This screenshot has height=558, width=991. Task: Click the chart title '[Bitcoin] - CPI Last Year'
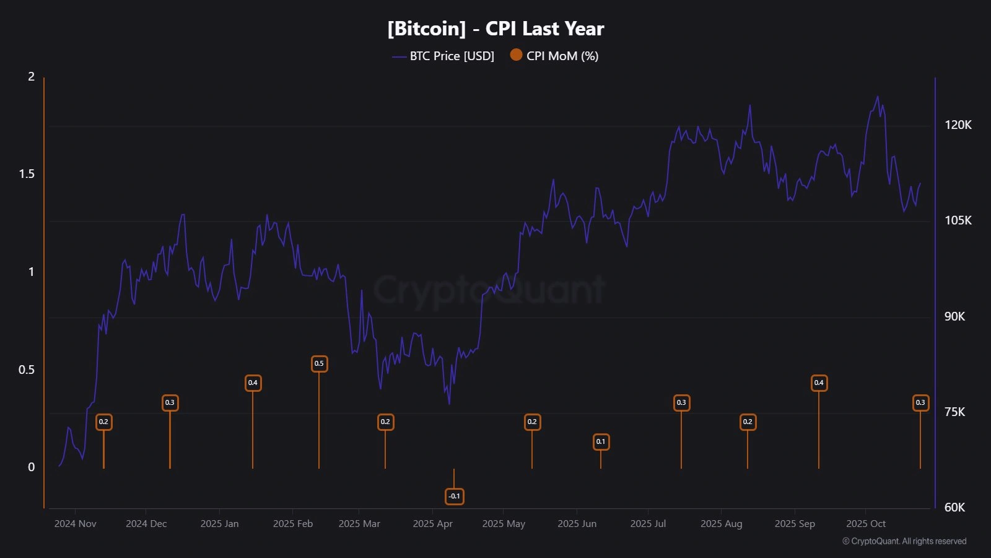pyautogui.click(x=495, y=29)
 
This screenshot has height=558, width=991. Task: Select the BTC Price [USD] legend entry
pyautogui.click(x=451, y=56)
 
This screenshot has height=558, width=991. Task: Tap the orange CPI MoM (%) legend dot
pyautogui.click(x=516, y=55)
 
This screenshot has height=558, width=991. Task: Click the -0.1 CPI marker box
pyautogui.click(x=454, y=496)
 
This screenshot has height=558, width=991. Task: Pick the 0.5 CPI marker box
pyautogui.click(x=319, y=363)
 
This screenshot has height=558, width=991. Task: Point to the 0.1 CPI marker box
pyautogui.click(x=600, y=441)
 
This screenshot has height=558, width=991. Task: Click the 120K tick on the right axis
pyautogui.click(x=958, y=125)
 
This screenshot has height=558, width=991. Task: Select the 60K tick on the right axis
pyautogui.click(x=954, y=507)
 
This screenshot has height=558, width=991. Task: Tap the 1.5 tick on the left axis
pyautogui.click(x=27, y=174)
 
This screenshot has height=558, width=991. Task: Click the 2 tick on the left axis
pyautogui.click(x=31, y=76)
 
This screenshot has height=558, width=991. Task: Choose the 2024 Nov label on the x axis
pyautogui.click(x=75, y=523)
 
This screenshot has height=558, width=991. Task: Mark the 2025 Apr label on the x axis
pyautogui.click(x=432, y=523)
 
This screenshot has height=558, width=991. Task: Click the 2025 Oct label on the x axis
pyautogui.click(x=865, y=523)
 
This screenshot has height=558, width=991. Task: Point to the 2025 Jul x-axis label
pyautogui.click(x=648, y=523)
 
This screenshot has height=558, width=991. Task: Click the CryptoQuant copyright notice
pyautogui.click(x=904, y=541)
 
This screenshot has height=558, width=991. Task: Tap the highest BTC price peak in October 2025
pyautogui.click(x=877, y=97)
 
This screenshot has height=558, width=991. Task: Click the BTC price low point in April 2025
pyautogui.click(x=449, y=404)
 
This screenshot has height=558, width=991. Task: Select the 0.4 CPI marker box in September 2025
pyautogui.click(x=819, y=383)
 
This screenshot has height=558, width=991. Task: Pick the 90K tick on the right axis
pyautogui.click(x=954, y=316)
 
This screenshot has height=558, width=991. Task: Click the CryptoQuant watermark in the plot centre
pyautogui.click(x=489, y=290)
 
